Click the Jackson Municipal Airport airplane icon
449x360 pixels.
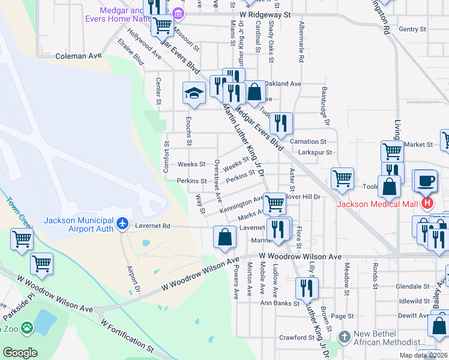pos(123,223)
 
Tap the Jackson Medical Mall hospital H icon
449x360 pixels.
pos(427,203)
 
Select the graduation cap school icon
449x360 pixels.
pos(194,92)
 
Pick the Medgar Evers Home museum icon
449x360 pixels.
pos(178,14)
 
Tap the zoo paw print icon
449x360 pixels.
pos(27,328)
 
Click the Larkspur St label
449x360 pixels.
pos(315,153)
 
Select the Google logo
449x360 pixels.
pos(20,353)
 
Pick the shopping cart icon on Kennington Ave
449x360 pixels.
pos(274,203)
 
